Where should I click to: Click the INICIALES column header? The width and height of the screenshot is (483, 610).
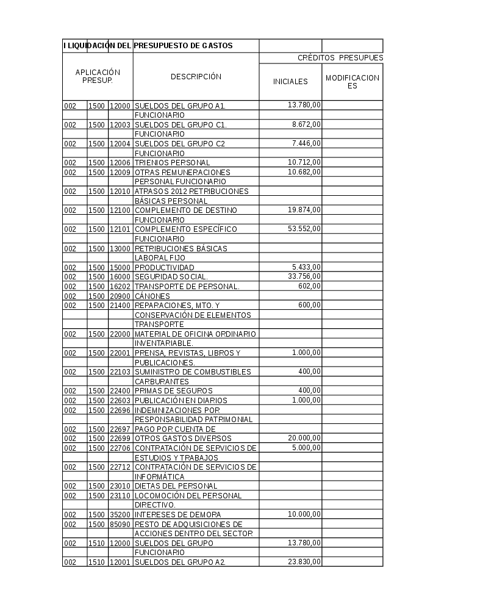(290, 82)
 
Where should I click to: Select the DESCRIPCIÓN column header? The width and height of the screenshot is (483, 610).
(196, 77)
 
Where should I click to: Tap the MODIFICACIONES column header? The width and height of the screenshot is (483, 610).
(352, 82)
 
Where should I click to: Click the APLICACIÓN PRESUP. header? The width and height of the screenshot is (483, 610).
(98, 76)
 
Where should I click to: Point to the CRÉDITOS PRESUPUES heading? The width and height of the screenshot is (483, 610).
(340, 58)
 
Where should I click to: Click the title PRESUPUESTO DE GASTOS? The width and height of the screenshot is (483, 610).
(183, 46)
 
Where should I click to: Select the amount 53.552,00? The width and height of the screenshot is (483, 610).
(304, 229)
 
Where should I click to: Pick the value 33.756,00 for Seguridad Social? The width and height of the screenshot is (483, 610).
(304, 276)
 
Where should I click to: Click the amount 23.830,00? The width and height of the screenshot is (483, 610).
(304, 562)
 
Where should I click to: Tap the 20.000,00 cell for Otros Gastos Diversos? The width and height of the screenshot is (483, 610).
(304, 438)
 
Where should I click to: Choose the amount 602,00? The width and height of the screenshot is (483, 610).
(309, 286)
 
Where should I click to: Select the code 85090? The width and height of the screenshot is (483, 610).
(120, 524)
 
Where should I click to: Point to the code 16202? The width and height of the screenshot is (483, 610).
(120, 286)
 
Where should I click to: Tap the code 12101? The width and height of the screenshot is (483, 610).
(120, 229)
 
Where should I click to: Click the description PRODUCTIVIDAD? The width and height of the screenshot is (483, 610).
(164, 268)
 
